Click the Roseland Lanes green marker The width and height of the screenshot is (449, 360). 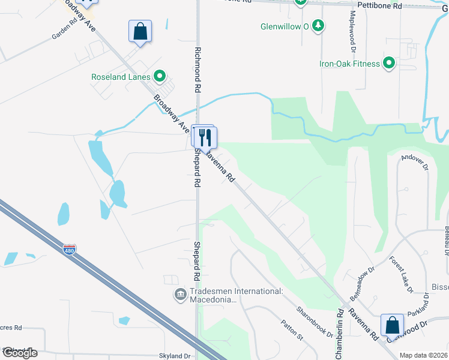pyautogui.click(x=160, y=76)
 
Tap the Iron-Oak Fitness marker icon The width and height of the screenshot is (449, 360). pyautogui.click(x=389, y=63)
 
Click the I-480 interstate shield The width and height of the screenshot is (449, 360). pyautogui.click(x=70, y=249)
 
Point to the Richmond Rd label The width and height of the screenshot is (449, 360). pyautogui.click(x=196, y=70)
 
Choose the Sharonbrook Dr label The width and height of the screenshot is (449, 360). pyautogui.click(x=314, y=322)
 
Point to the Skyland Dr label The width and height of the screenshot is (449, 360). pyautogui.click(x=175, y=356)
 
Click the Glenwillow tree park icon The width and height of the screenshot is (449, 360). pyautogui.click(x=319, y=26)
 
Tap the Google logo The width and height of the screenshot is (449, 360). pyautogui.click(x=20, y=352)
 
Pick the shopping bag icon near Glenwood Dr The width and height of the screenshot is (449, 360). pyautogui.click(x=392, y=325)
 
